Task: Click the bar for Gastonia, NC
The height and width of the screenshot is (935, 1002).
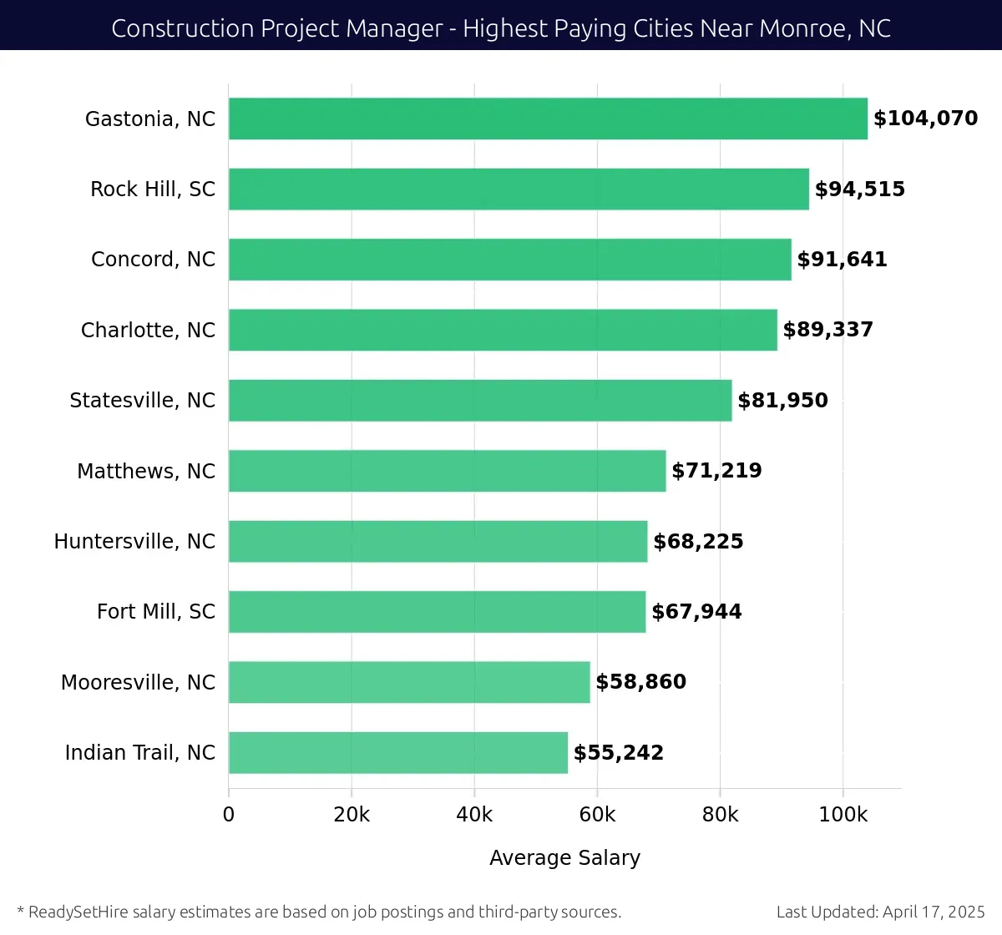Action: pyautogui.click(x=548, y=119)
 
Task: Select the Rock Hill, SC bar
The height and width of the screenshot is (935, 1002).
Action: pyautogui.click(x=519, y=189)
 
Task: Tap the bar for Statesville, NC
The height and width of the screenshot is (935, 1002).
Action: pyautogui.click(x=480, y=401)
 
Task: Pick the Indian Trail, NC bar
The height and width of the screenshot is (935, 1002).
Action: pyautogui.click(x=398, y=753)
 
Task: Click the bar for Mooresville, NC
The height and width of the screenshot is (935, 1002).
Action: pyautogui.click(x=409, y=682)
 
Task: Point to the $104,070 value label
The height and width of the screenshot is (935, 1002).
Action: pyautogui.click(x=925, y=119)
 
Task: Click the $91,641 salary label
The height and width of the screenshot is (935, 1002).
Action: pyautogui.click(x=842, y=260)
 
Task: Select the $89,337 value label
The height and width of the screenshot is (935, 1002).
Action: pyautogui.click(x=827, y=330)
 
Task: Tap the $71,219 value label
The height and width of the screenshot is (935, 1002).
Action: pyautogui.click(x=716, y=471)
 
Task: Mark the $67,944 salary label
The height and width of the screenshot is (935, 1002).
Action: pyautogui.click(x=696, y=612)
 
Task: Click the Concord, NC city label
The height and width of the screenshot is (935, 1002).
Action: pyautogui.click(x=153, y=260)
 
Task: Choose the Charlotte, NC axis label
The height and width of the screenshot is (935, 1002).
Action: pyautogui.click(x=148, y=330)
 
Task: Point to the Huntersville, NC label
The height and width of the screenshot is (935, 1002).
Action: pyautogui.click(x=134, y=542)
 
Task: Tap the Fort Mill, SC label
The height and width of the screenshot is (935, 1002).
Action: pyautogui.click(x=155, y=612)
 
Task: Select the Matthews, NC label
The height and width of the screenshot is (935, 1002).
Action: pyautogui.click(x=146, y=471)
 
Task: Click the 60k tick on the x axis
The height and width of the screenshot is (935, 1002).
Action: pyautogui.click(x=597, y=815)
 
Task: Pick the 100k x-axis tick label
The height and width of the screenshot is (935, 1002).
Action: pyautogui.click(x=843, y=815)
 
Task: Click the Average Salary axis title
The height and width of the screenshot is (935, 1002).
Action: pyautogui.click(x=564, y=858)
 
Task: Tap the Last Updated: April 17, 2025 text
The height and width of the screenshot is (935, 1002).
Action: pyautogui.click(x=880, y=912)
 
